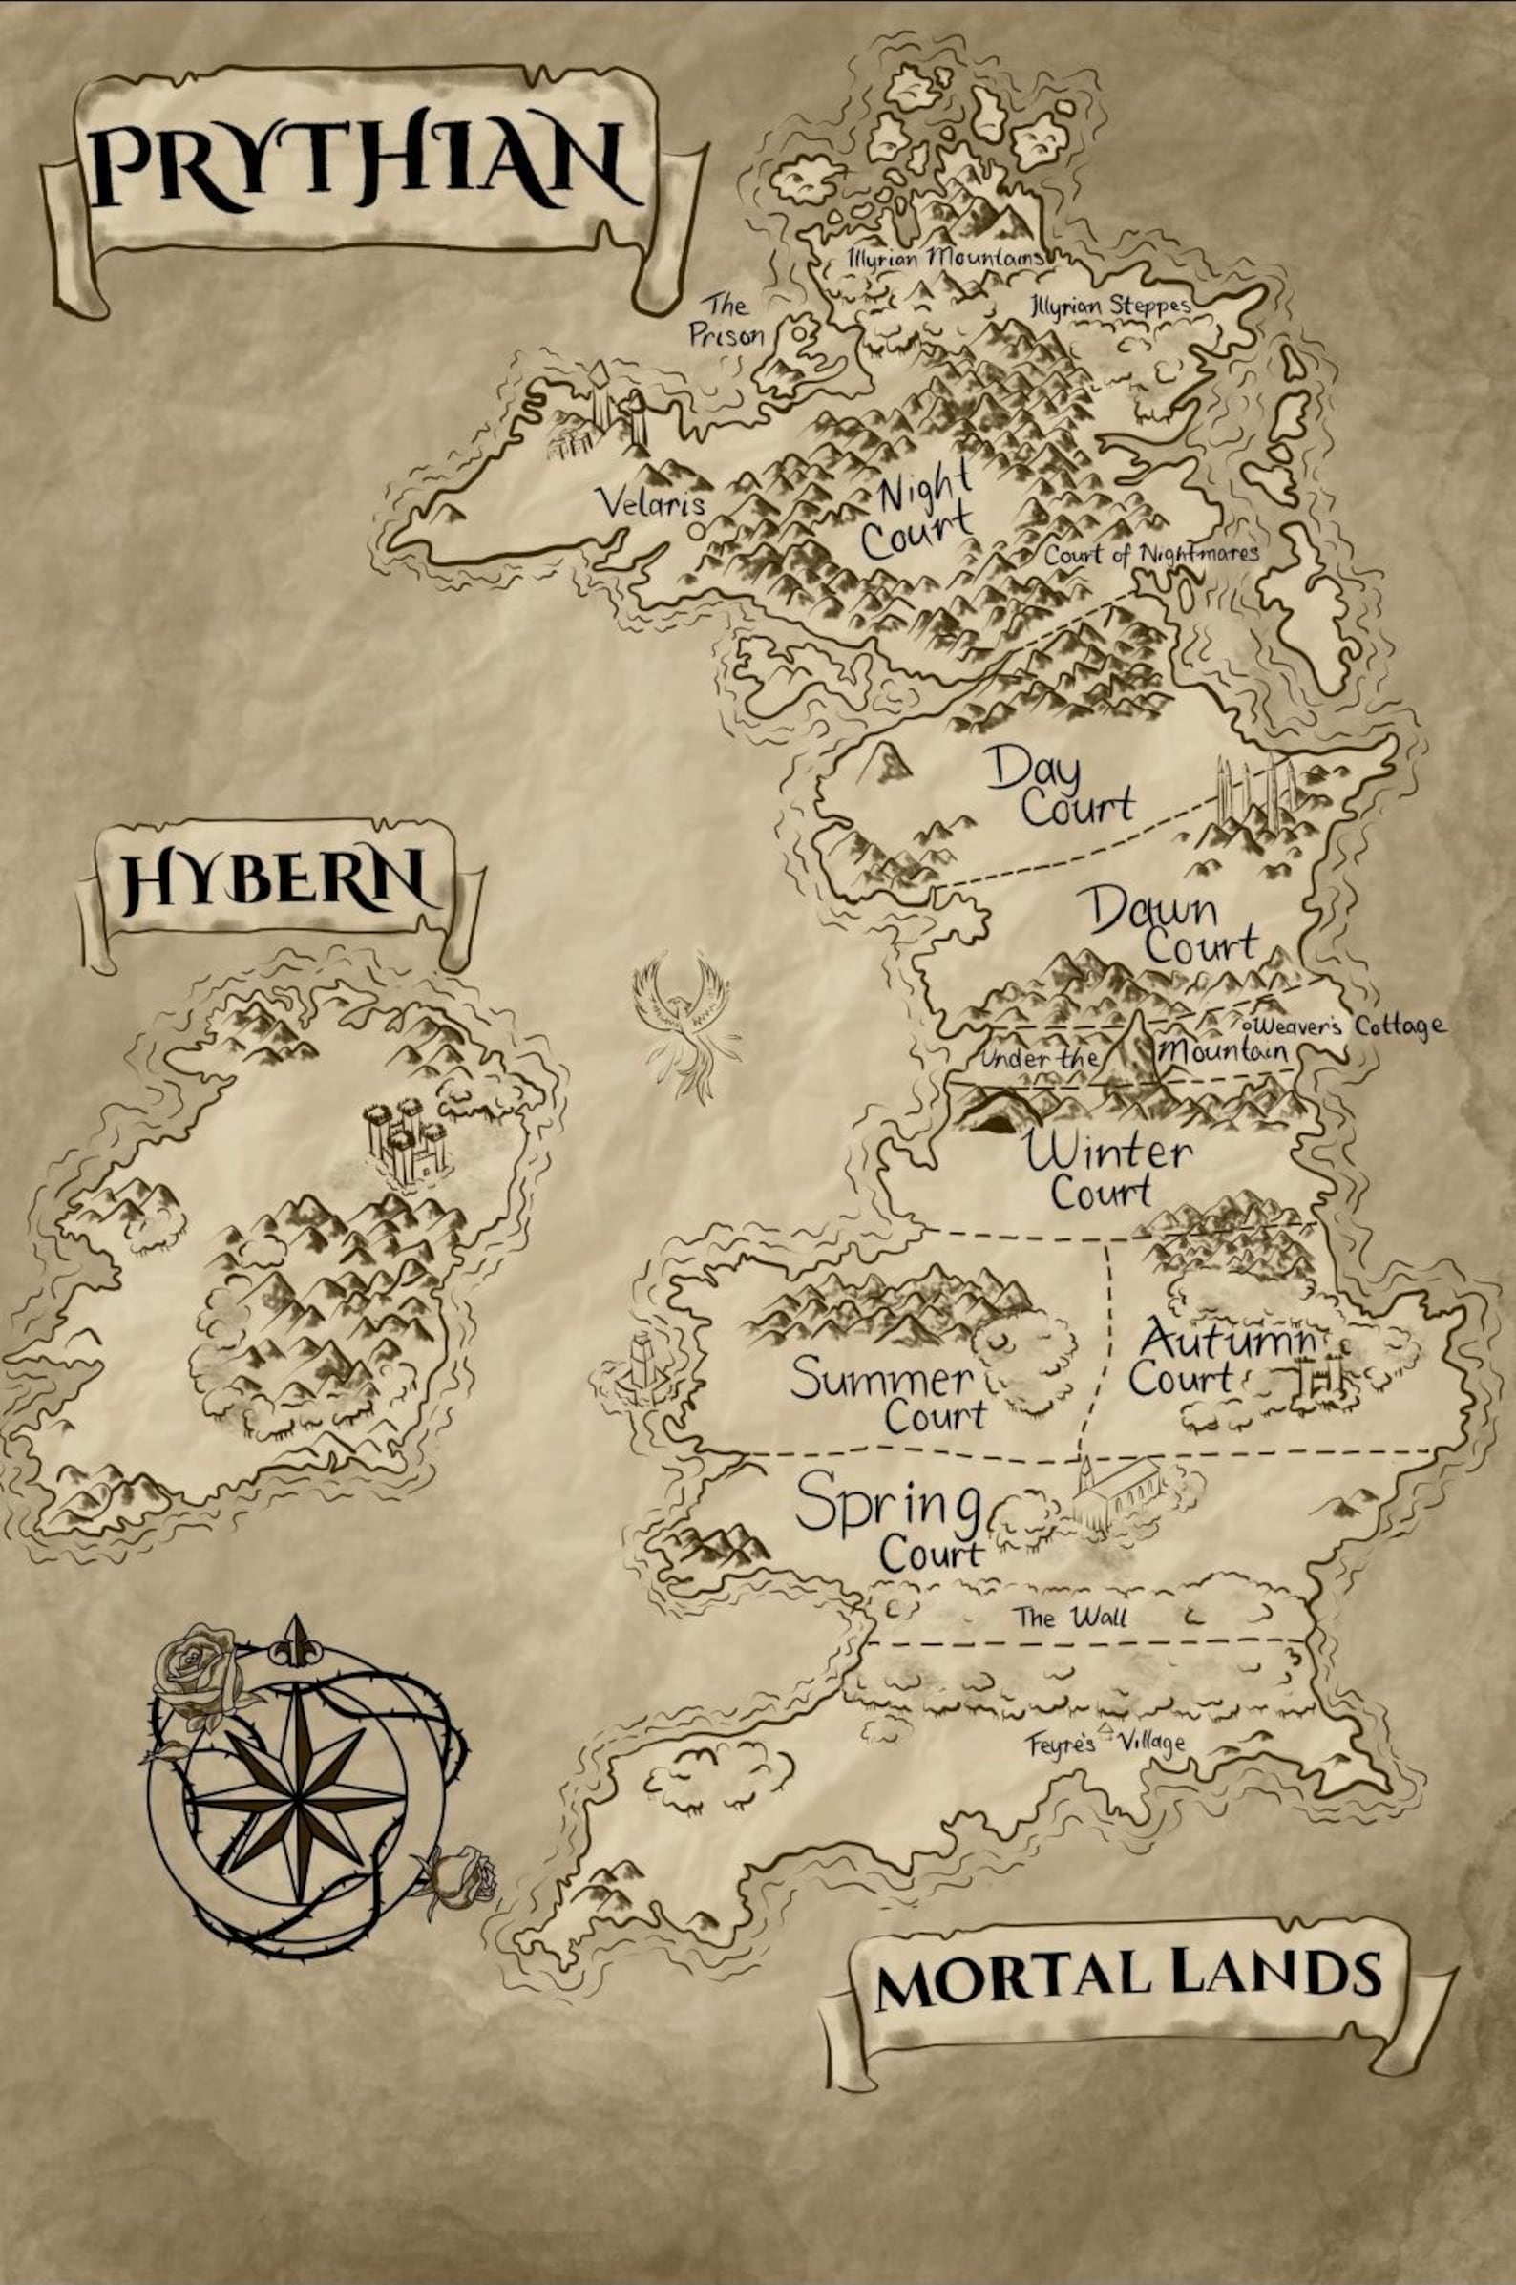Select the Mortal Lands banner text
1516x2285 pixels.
(1127, 1978)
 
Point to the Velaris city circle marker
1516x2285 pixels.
(696, 531)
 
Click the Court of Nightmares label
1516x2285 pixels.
(1150, 555)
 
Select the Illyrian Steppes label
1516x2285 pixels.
(1109, 306)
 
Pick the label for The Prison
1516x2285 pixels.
(726, 320)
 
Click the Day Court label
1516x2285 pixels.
(1059, 789)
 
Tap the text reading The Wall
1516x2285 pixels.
(1069, 1617)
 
